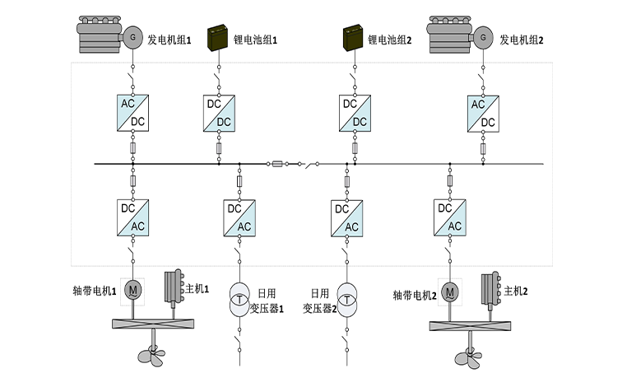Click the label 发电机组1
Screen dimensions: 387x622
(x=169, y=39)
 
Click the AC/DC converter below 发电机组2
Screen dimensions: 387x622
(x=483, y=112)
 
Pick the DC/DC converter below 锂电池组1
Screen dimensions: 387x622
(x=218, y=112)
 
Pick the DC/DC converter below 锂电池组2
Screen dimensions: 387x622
(x=355, y=112)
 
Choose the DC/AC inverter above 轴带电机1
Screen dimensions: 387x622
(x=132, y=218)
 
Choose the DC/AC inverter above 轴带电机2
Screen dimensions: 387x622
(x=449, y=218)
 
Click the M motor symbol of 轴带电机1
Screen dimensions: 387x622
(x=132, y=289)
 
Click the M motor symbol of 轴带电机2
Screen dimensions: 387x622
(x=449, y=291)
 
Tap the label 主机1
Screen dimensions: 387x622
(x=197, y=289)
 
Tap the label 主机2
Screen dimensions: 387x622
(x=515, y=291)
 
